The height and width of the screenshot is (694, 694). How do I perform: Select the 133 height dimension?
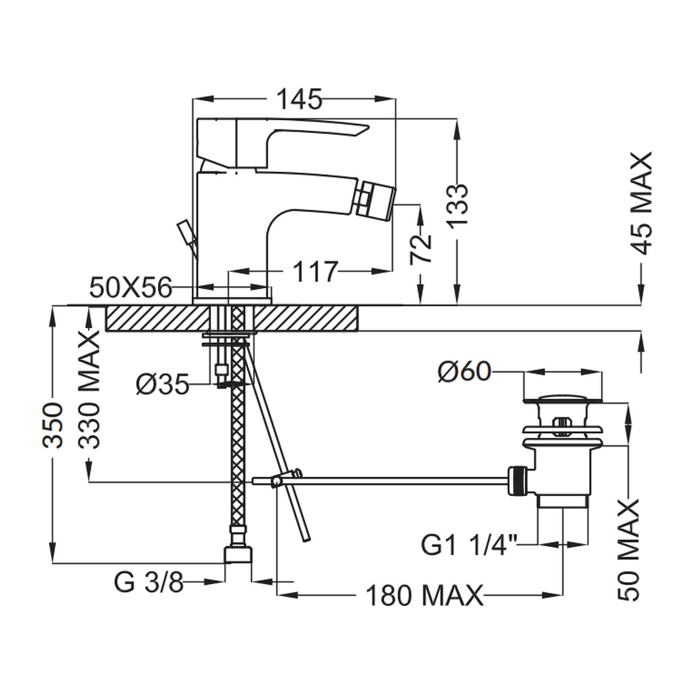(x=457, y=205)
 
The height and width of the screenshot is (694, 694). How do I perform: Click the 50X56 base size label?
(x=131, y=288)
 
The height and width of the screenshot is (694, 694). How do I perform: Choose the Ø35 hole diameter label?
(x=163, y=384)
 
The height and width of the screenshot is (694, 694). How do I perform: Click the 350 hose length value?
(x=53, y=426)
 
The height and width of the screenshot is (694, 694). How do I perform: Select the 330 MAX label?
(x=89, y=390)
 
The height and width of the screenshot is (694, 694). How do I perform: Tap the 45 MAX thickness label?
(x=641, y=203)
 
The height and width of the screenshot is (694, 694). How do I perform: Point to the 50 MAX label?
(x=628, y=550)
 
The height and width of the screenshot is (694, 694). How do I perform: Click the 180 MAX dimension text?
(x=424, y=596)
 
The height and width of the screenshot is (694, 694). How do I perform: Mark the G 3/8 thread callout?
(x=148, y=582)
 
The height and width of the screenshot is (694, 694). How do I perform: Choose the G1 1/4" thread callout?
(x=469, y=545)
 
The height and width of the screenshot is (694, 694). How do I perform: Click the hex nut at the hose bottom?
(x=238, y=554)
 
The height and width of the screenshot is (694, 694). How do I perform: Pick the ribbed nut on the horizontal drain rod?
(x=518, y=481)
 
